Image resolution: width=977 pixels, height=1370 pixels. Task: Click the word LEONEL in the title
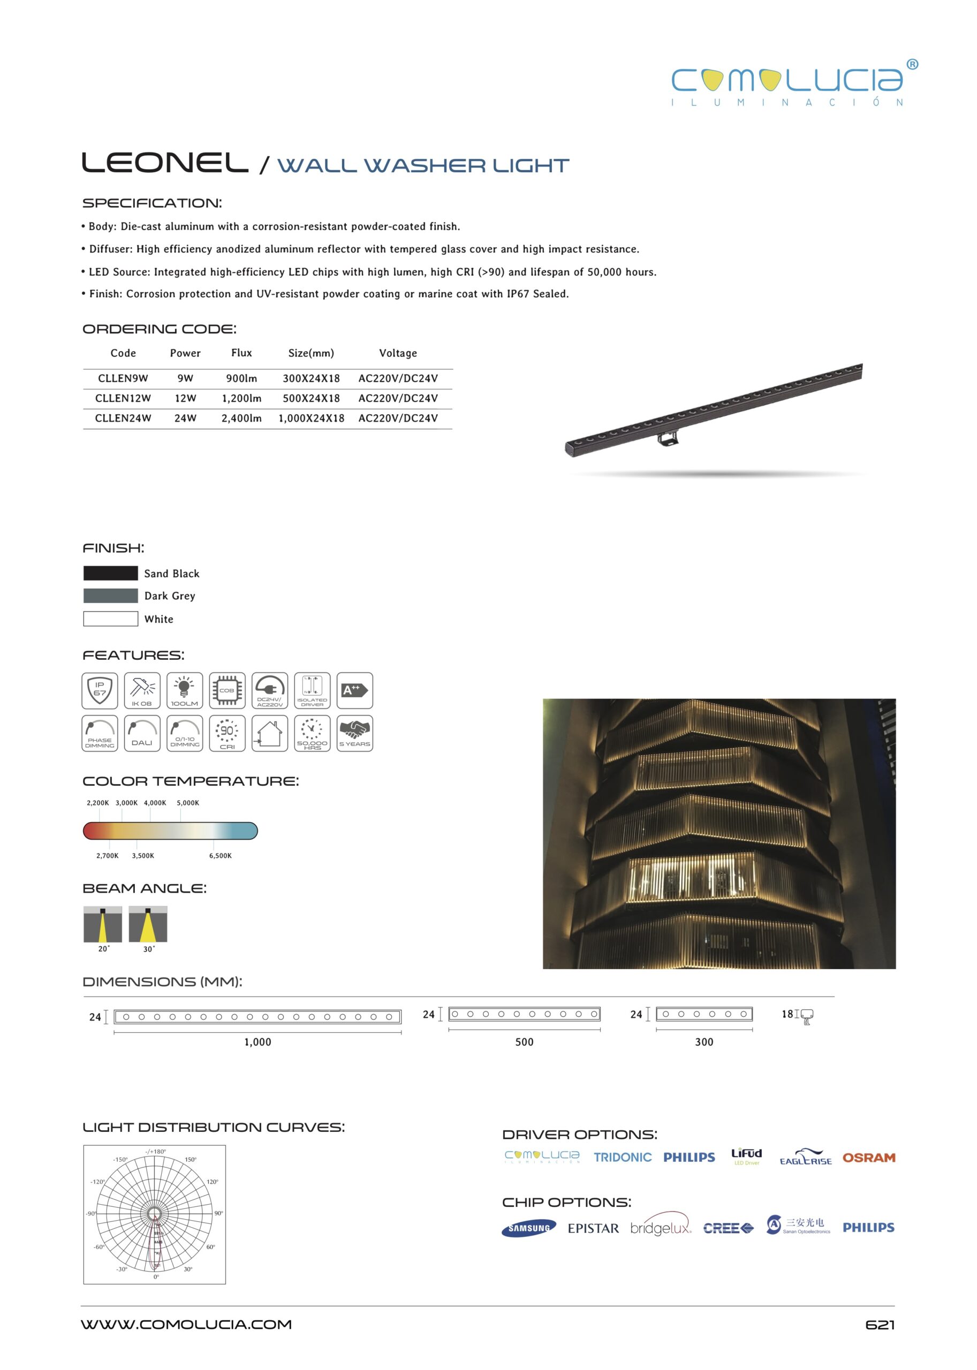pos(165,162)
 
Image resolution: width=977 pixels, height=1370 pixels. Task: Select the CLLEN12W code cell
pos(123,398)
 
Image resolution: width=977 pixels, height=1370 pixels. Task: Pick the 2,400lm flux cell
pos(241,418)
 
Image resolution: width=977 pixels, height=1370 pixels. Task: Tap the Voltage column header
pos(398,353)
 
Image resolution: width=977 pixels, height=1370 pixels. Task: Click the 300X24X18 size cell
pos(311,378)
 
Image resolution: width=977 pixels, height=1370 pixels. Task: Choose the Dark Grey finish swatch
pos(111,596)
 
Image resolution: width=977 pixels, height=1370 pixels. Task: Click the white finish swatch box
pos(111,618)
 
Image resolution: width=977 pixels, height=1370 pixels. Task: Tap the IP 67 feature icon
pos(100,690)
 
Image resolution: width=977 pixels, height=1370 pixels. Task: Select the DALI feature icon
pos(142,733)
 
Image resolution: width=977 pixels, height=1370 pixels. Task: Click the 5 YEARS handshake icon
pos(354,733)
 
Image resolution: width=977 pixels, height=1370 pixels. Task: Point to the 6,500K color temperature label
pos(220,855)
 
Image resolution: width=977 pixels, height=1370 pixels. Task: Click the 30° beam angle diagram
pos(148,925)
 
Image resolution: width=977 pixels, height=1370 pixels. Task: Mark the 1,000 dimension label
pos(257,1041)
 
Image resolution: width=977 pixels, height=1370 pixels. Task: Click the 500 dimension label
pos(524,1041)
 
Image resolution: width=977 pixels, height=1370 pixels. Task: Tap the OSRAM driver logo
pos(868,1158)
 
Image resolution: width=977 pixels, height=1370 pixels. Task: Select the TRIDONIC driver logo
pos(623,1158)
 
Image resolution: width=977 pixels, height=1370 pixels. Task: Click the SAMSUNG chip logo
pos(529,1228)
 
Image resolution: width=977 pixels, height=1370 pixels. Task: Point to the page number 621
pos(880,1325)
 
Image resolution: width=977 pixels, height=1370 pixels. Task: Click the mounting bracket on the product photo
pos(667,438)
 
